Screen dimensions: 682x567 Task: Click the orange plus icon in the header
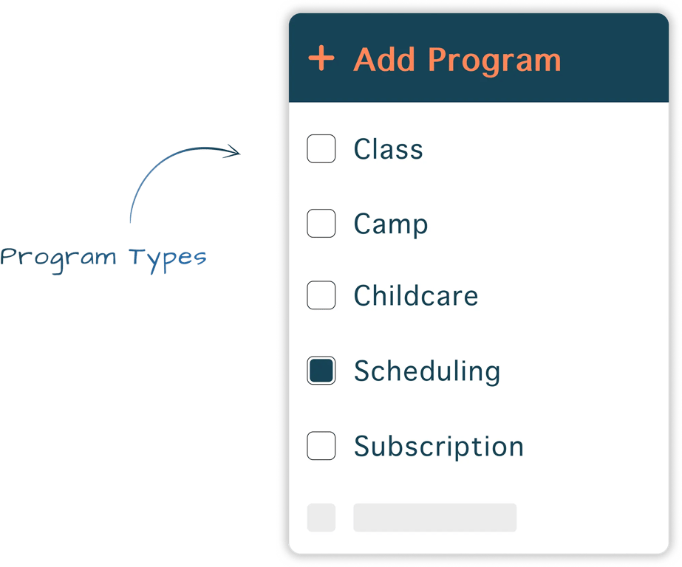[x=321, y=58]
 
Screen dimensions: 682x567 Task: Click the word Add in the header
[x=384, y=59]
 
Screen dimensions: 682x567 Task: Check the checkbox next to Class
[x=321, y=148]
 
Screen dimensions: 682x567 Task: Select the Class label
[x=388, y=149]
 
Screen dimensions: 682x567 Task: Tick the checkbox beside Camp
[x=321, y=223]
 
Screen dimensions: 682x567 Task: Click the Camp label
[x=391, y=225]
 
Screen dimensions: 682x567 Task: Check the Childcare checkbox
[x=321, y=295]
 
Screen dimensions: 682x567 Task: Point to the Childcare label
[x=416, y=295]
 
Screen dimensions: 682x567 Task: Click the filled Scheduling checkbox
[x=321, y=370]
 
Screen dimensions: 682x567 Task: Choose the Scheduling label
[x=426, y=372]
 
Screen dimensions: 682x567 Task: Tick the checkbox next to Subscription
[x=321, y=445]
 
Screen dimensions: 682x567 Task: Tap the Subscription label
[x=438, y=447]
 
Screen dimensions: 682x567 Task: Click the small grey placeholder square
[x=321, y=518]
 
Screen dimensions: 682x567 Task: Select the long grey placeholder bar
[x=435, y=518]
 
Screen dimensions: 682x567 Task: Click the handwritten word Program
[x=58, y=259]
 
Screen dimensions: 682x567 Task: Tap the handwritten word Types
[x=168, y=259]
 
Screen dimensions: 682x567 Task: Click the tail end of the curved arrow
[x=131, y=221]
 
